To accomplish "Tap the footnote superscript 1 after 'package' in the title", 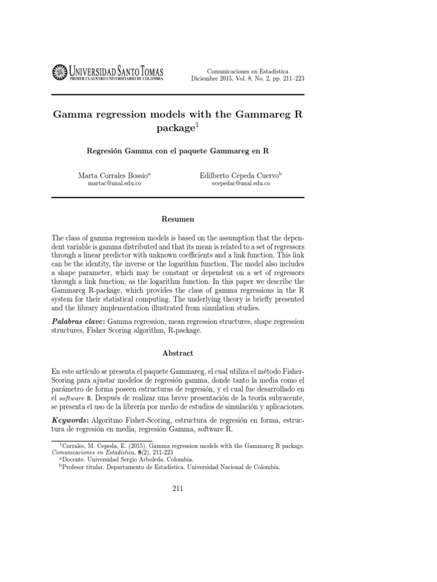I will point(197,125).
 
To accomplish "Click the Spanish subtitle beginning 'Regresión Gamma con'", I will point(178,152).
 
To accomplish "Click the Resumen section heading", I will point(178,219).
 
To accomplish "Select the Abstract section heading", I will point(178,353).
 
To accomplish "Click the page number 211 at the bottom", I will point(178,488).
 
